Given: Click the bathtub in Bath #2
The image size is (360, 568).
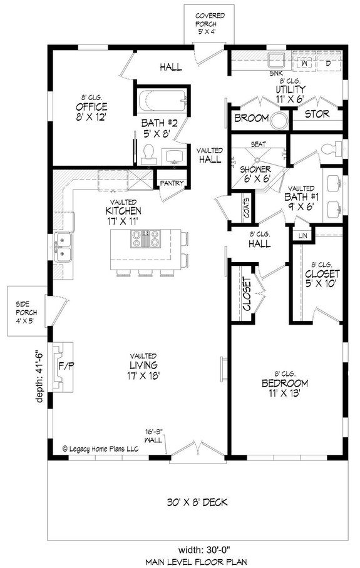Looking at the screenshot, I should coord(161,100).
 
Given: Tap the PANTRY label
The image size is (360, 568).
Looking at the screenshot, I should coord(170,183).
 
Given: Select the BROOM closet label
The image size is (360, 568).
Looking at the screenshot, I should coord(250,118).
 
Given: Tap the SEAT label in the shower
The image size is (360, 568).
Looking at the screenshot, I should coord(257,144).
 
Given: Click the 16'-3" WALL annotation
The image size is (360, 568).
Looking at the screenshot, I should coord(153,435).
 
